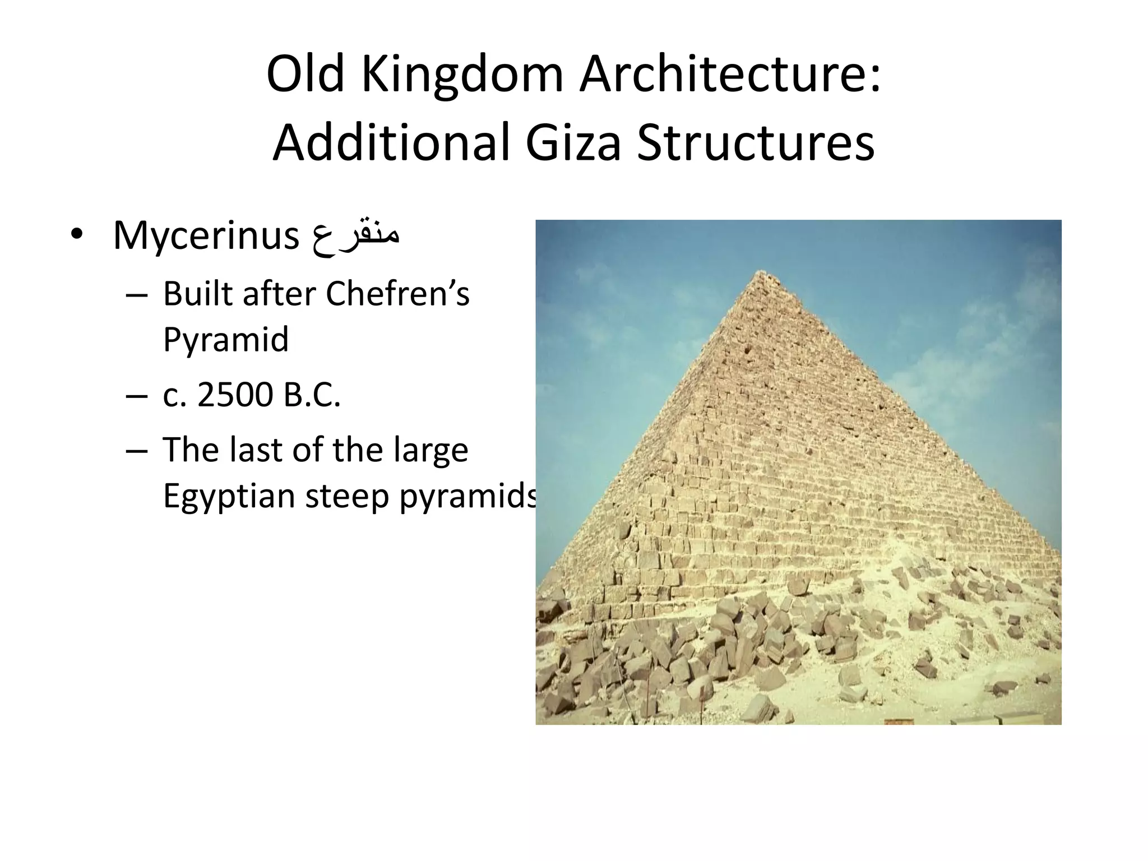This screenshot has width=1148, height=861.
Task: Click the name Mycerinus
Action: [x=206, y=236]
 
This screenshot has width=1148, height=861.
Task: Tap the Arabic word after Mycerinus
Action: [x=355, y=236]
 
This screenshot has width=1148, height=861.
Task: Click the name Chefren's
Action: [x=397, y=294]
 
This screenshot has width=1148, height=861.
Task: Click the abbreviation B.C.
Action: [x=312, y=395]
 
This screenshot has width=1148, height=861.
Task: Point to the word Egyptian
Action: [x=229, y=497]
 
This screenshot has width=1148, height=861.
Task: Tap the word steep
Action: [x=347, y=497]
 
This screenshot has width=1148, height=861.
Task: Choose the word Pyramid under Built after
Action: [x=226, y=340]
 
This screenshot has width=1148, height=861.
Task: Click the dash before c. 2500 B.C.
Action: [x=137, y=396]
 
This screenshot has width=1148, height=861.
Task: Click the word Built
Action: [x=197, y=294]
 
